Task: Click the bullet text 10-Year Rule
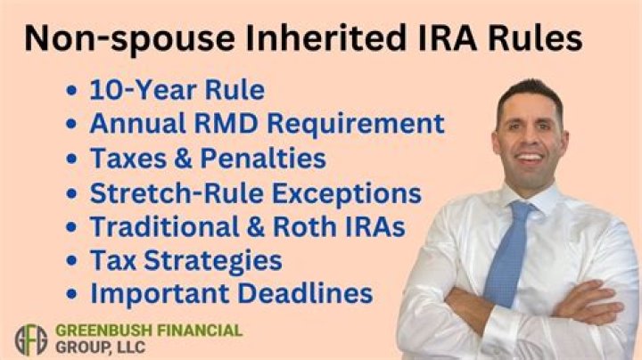177,90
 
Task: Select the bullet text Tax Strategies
185,260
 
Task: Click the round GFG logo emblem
30,339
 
